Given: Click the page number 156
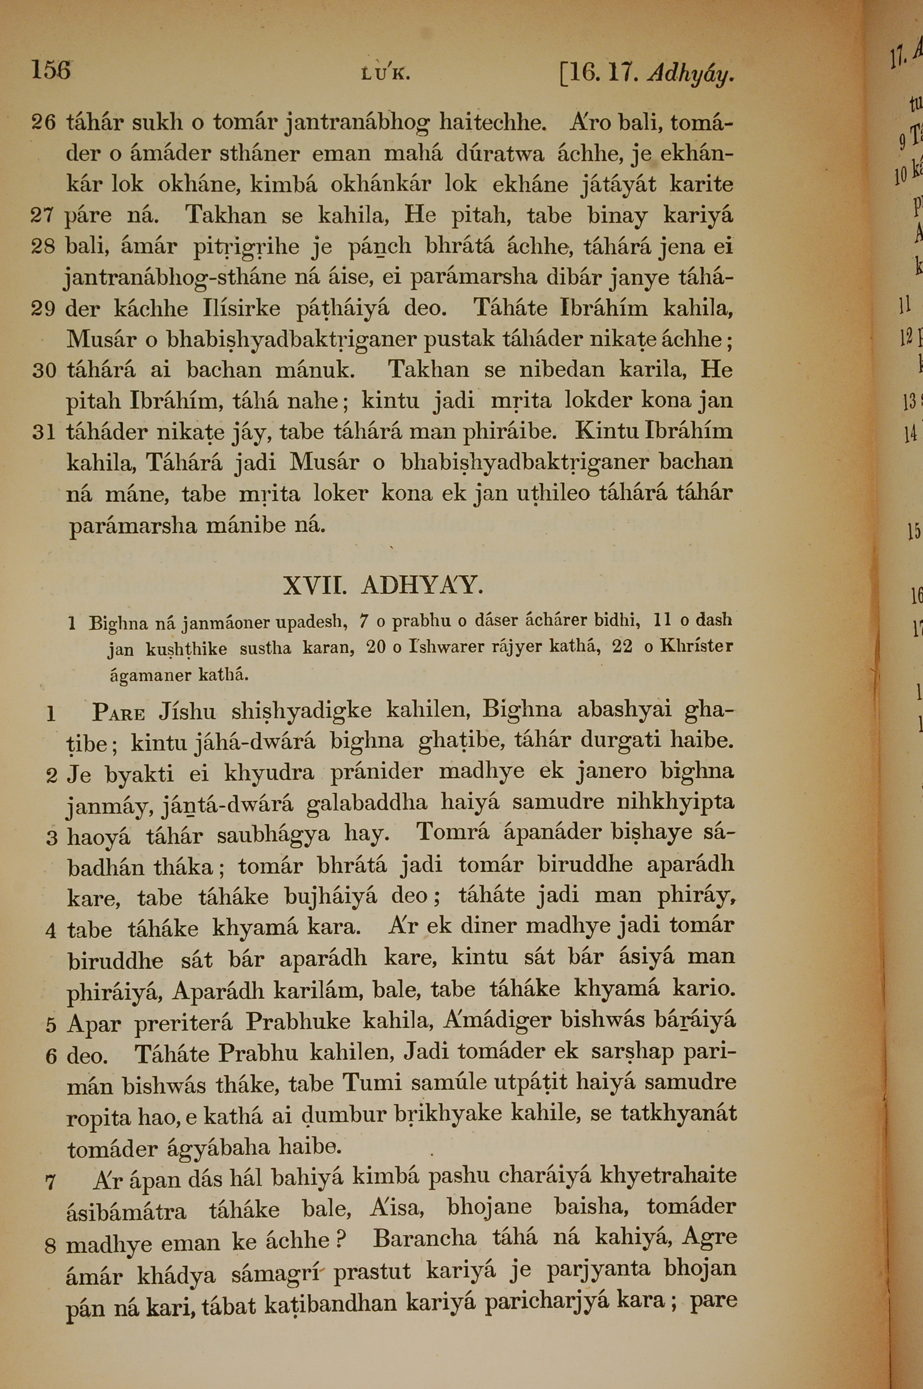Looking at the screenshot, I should point(51,71).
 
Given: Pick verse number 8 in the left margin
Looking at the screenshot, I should point(51,1245).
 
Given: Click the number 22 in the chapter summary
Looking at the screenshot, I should point(623,646).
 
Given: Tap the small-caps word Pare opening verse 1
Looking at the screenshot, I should point(119,713).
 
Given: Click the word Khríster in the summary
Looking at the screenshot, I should point(696,646).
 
